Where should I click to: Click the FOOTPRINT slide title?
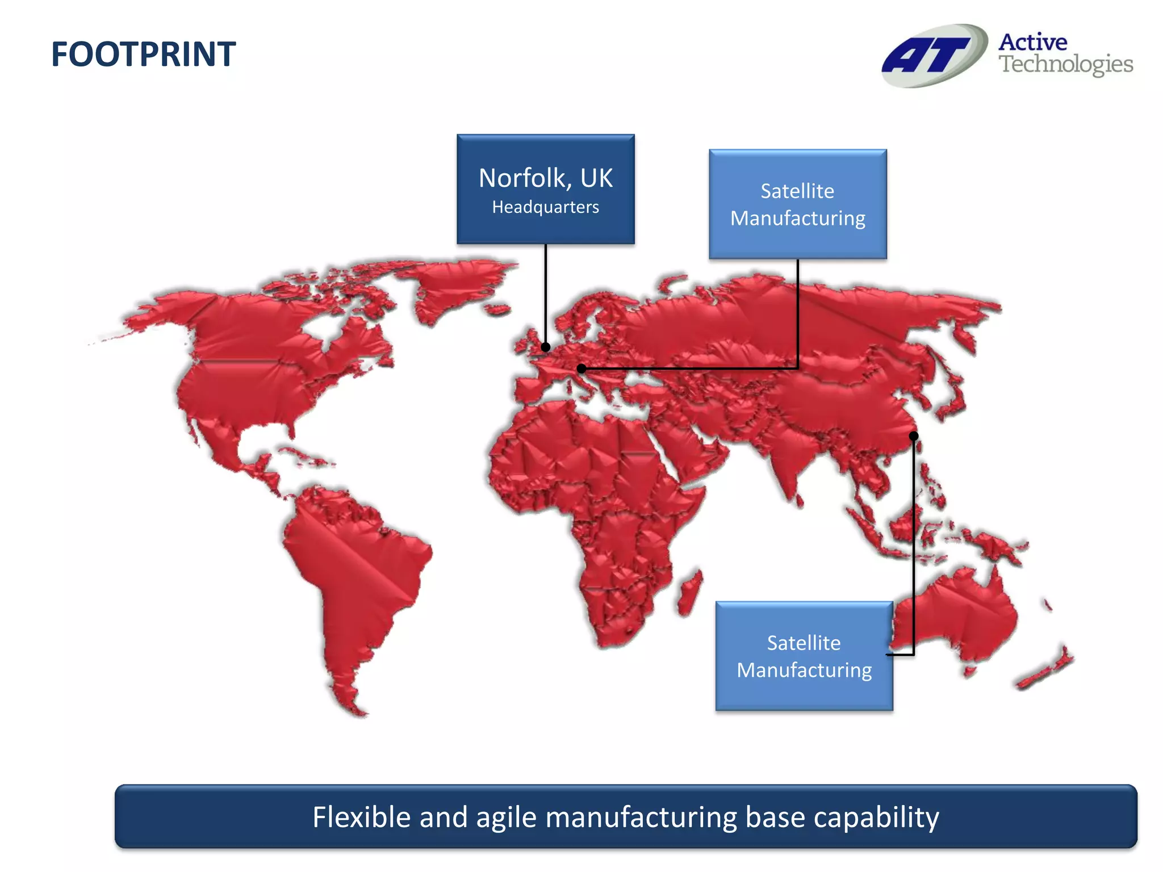pyautogui.click(x=143, y=54)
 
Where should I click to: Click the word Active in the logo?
pyautogui.click(x=1032, y=42)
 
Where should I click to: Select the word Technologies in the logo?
pyautogui.click(x=1065, y=64)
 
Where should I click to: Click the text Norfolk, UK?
pyautogui.click(x=545, y=178)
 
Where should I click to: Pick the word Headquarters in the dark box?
pyautogui.click(x=545, y=207)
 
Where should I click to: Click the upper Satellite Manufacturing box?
pyautogui.click(x=797, y=204)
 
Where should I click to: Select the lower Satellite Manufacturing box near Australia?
pyautogui.click(x=804, y=656)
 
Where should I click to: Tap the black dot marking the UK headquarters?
pyautogui.click(x=546, y=347)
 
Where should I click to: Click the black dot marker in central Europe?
pyautogui.click(x=581, y=368)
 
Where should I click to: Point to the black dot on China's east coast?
pyautogui.click(x=913, y=436)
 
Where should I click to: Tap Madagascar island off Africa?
pyautogui.click(x=689, y=593)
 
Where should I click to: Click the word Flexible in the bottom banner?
pyautogui.click(x=361, y=817)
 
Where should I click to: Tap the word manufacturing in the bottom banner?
pyautogui.click(x=641, y=817)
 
